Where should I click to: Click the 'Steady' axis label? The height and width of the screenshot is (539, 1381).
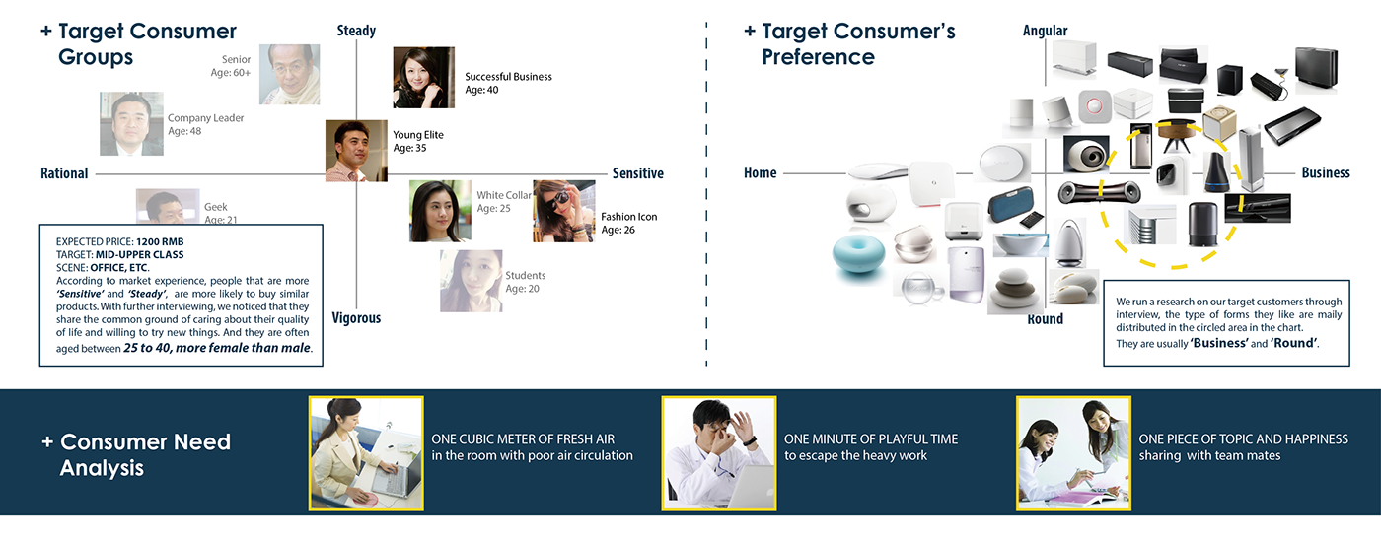(x=356, y=31)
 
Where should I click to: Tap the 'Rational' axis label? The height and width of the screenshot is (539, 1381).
(x=64, y=173)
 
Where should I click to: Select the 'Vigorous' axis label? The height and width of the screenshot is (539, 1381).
(x=356, y=318)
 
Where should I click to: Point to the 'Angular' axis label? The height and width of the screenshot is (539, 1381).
(x=1045, y=31)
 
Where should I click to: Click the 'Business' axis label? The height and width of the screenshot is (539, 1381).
(x=1325, y=172)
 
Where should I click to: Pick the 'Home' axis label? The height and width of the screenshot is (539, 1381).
(x=760, y=172)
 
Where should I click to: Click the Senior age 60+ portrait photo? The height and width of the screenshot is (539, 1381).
(x=289, y=74)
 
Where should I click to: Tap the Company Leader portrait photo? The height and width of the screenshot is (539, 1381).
(x=131, y=123)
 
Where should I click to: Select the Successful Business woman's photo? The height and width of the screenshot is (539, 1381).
(x=423, y=77)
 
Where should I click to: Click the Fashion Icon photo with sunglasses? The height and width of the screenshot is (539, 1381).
(x=563, y=210)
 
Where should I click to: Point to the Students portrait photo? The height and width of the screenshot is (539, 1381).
(x=471, y=281)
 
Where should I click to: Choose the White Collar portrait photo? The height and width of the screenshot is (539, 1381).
(x=439, y=210)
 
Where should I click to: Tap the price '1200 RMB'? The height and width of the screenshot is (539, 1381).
(x=160, y=241)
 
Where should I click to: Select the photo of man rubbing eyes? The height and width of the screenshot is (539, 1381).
(x=718, y=452)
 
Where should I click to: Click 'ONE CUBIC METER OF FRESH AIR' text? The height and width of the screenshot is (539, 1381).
(x=523, y=439)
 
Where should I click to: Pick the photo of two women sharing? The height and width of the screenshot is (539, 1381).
(x=1073, y=452)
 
